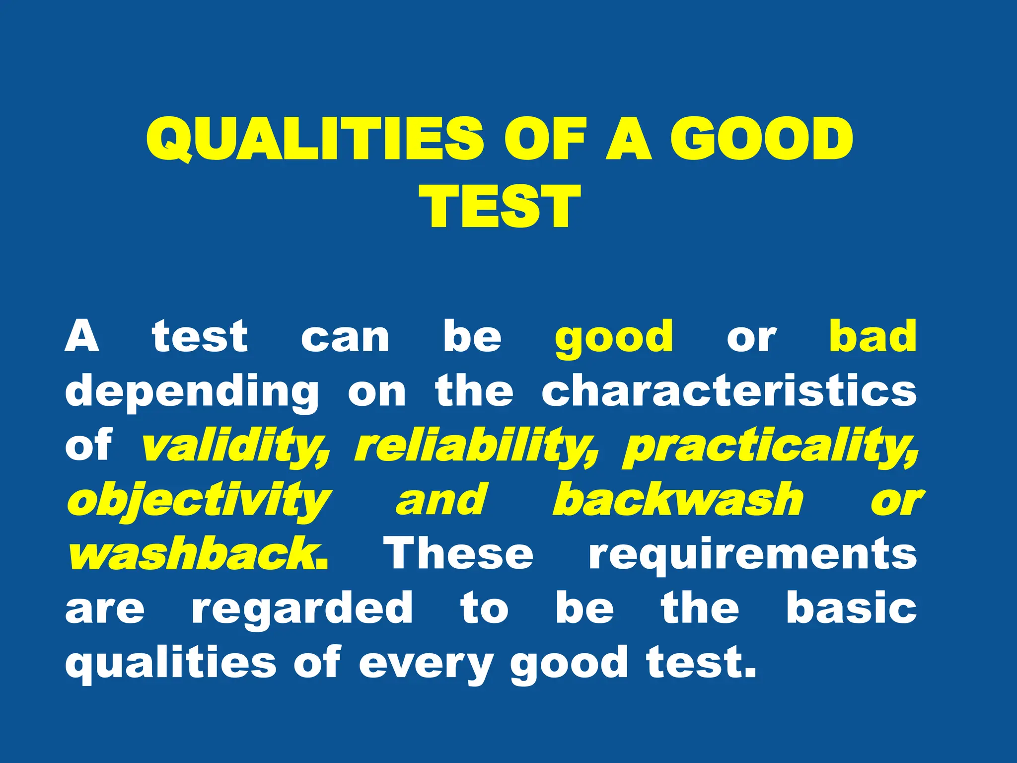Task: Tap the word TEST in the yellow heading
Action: coord(500,206)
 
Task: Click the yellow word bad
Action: coord(872,337)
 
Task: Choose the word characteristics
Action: coord(729,391)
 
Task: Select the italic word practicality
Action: coord(770,446)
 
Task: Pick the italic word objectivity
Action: coord(199,501)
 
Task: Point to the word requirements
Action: coord(752,555)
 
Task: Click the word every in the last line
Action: coord(426,664)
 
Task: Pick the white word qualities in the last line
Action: coord(170,664)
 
